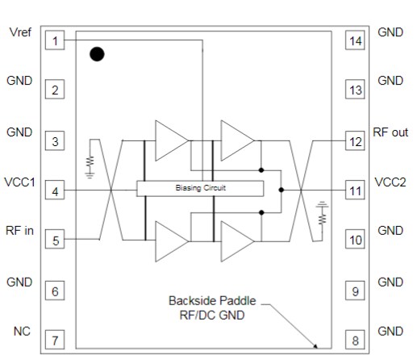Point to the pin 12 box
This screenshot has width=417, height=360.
click(x=355, y=141)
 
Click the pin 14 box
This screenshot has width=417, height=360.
click(x=355, y=40)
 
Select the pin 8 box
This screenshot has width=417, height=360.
click(x=355, y=340)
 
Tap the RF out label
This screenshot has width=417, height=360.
click(x=391, y=132)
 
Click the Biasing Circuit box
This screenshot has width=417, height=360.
click(x=200, y=188)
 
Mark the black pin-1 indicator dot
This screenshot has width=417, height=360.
click(x=97, y=54)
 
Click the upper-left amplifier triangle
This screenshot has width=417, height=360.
click(x=170, y=140)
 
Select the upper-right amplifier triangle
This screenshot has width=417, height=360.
click(x=237, y=140)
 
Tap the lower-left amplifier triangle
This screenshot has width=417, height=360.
click(x=170, y=240)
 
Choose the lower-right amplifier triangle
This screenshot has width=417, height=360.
click(x=237, y=240)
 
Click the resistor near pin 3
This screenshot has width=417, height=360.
click(x=90, y=162)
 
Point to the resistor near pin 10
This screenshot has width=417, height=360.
click(x=322, y=216)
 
